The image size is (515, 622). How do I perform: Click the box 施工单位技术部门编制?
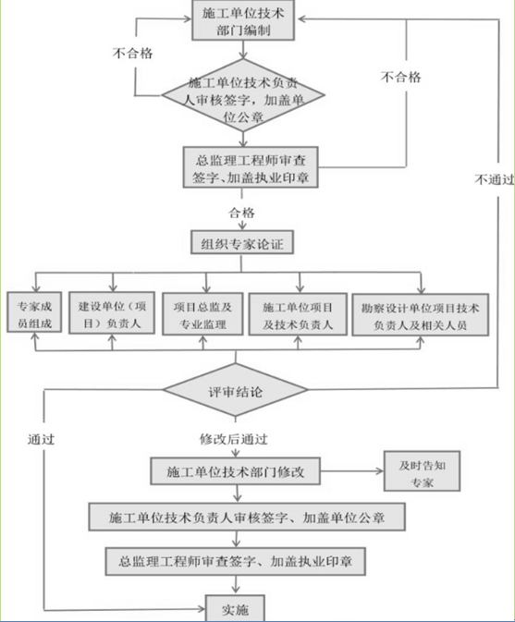243,20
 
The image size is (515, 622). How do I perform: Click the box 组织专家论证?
242,245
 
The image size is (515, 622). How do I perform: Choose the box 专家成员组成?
33,314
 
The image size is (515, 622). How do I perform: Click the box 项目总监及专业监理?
202,314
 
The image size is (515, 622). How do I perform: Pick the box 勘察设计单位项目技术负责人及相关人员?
421,314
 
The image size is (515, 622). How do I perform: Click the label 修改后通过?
235,437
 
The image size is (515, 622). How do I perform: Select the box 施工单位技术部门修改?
236,472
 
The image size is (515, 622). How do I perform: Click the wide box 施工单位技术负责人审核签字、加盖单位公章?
247,516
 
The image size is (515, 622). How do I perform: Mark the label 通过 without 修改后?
42,440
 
